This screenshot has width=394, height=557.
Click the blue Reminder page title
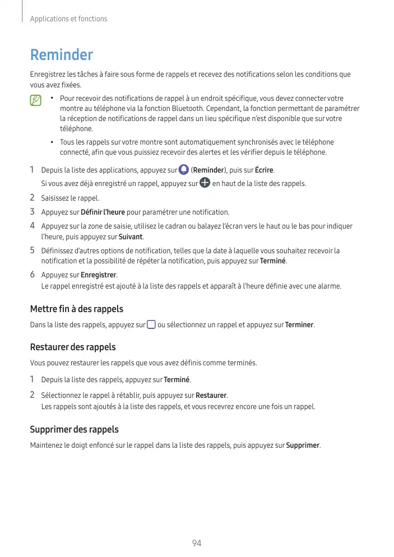61,55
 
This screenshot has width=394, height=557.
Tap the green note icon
36,101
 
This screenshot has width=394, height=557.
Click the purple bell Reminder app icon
183,170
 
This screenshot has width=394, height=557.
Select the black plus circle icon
205,183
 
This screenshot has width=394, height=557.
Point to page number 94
197,543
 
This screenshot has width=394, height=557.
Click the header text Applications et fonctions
68,19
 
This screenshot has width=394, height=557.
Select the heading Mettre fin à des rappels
76,309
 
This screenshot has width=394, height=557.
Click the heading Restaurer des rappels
72,347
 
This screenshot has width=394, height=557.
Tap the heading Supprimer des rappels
74,430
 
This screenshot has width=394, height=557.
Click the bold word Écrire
265,170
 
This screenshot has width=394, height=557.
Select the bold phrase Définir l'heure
103,212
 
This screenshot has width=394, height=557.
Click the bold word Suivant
131,237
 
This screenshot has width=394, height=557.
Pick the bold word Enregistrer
99,275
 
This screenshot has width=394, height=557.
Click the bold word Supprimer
303,445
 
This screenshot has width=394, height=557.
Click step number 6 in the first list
33,275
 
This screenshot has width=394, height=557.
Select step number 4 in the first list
33,226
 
